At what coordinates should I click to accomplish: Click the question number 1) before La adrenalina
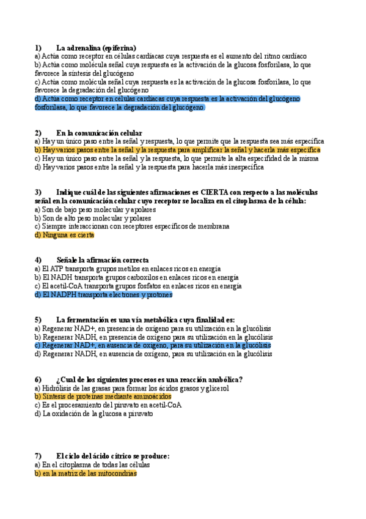pos(38,48)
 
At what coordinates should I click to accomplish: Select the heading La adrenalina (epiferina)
pos(96,48)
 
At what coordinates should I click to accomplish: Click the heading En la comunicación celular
pos(99,133)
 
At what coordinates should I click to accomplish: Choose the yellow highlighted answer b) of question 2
pos(177,150)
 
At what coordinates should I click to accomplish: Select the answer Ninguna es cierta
pos(65,235)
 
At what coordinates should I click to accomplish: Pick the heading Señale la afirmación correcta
pos(102,260)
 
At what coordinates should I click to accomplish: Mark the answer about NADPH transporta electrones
pos(104,295)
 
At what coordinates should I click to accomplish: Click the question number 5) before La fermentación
pos(38,319)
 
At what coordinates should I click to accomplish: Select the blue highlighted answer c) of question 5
pos(153,346)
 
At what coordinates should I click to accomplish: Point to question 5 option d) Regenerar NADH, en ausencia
pos(153,354)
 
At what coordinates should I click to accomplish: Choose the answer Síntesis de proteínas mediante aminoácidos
pos(103,397)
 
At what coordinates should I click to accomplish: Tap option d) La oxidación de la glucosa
pos(93,414)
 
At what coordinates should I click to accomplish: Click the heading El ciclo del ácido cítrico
pos(112,456)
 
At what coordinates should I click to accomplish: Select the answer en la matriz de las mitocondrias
pos(86,474)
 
